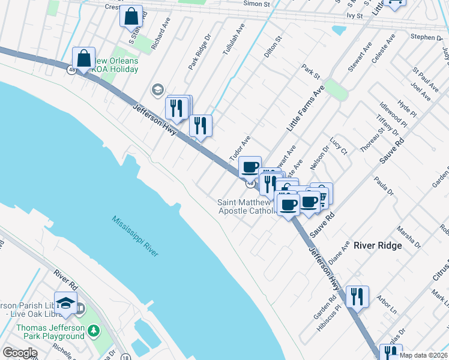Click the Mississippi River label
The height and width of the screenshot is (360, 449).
click(134, 236)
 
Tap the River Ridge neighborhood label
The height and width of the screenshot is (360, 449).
click(378, 245)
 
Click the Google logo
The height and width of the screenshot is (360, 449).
click(20, 353)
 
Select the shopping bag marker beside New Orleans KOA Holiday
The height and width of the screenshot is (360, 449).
click(84, 59)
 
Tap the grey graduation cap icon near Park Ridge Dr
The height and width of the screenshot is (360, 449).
click(157, 89)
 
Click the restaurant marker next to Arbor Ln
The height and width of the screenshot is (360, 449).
click(357, 296)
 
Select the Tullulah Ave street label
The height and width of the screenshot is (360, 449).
click(234, 41)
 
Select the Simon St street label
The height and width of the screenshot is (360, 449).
click(256, 4)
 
